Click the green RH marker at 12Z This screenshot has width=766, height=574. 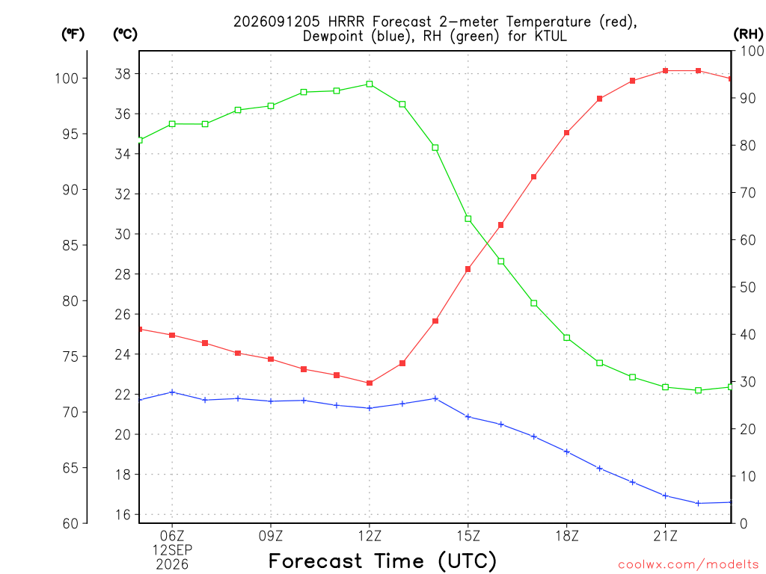pos(370,84)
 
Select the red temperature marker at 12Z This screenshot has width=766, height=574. pos(370,383)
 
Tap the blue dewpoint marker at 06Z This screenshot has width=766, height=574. pos(172,392)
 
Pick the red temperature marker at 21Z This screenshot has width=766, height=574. pos(665,71)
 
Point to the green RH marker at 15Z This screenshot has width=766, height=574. pos(468,219)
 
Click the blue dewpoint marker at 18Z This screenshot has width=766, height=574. pos(567,452)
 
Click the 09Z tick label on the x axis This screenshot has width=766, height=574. pos(271,536)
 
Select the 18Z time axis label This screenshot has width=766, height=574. pos(567,536)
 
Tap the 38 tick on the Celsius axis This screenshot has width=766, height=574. pos(123,74)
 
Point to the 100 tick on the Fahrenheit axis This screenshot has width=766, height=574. pos(67,78)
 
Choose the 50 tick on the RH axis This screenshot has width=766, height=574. pos(747,287)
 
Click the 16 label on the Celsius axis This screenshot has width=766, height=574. pos(123,514)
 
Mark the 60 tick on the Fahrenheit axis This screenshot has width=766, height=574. pos(71,523)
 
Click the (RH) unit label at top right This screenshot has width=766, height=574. pos(748,34)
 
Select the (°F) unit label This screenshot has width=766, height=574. pos(73,34)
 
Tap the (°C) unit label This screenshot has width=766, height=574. pos(125,34)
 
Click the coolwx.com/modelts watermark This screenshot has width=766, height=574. pos(688,564)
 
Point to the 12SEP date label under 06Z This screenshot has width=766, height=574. pos(172,550)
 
